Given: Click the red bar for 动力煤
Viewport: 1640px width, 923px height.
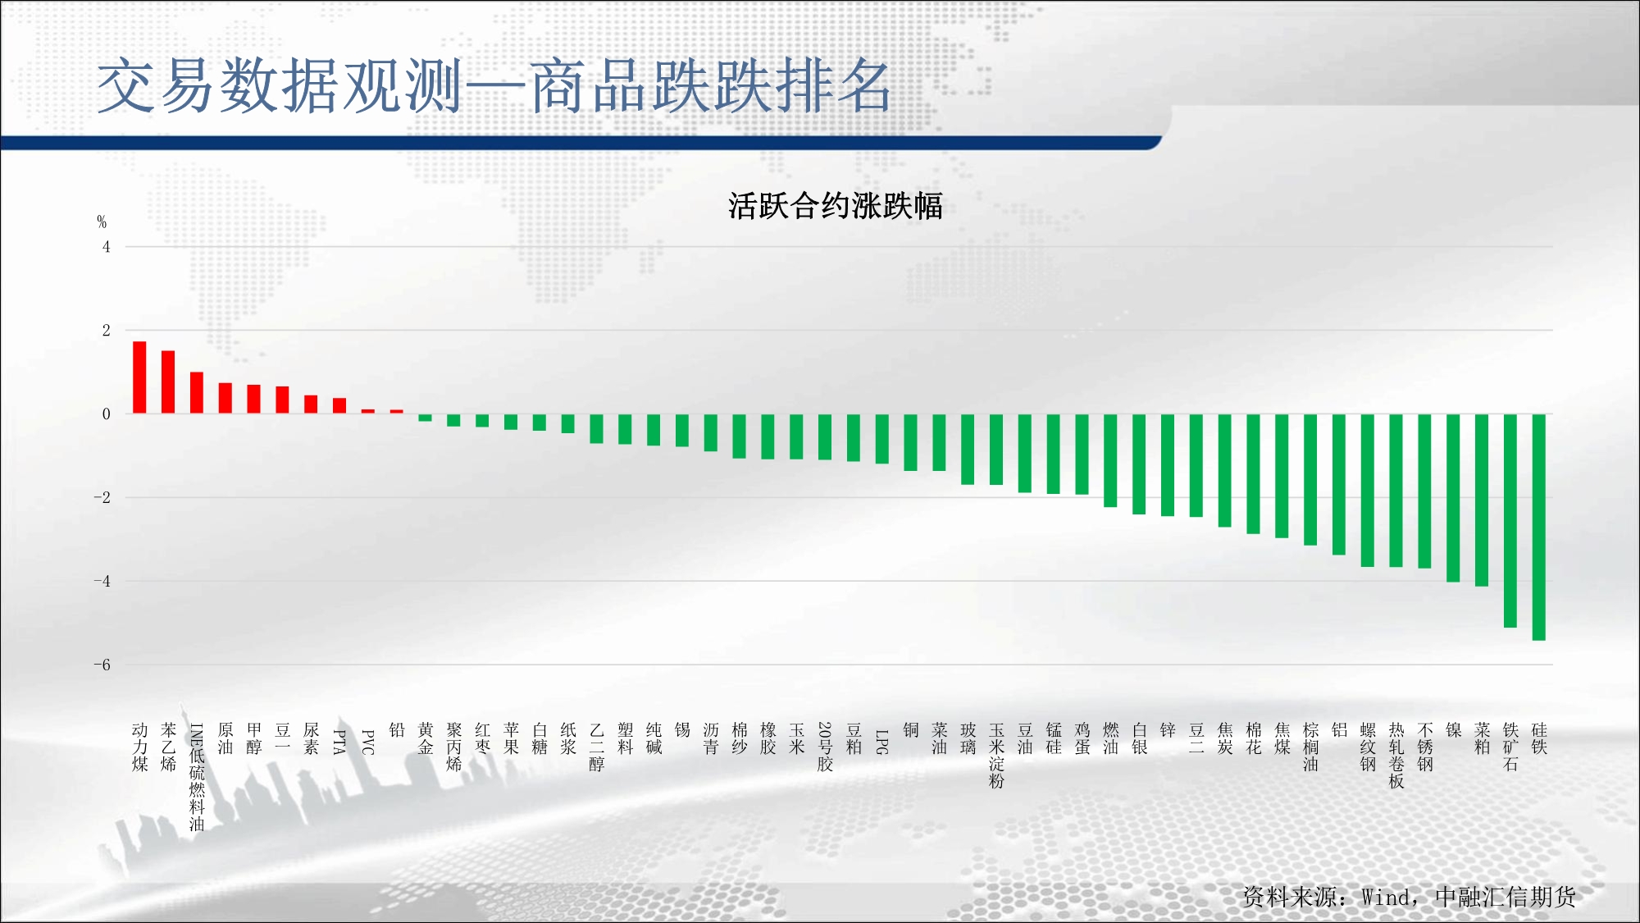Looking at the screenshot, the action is click(x=139, y=377).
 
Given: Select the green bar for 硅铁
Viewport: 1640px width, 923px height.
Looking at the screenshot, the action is click(x=1538, y=527).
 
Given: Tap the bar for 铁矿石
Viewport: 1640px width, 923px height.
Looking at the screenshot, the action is click(x=1510, y=520).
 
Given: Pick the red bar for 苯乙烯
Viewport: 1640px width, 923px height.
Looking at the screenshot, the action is click(x=168, y=382).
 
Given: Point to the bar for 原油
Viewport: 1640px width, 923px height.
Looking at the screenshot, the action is click(x=225, y=398).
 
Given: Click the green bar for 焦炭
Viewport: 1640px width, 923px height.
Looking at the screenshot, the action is click(x=1225, y=470).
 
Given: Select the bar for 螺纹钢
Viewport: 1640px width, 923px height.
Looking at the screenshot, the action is click(x=1368, y=491).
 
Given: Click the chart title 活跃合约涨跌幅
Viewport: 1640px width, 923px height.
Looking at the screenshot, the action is click(x=836, y=206).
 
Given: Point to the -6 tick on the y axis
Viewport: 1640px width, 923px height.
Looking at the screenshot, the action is click(x=102, y=665).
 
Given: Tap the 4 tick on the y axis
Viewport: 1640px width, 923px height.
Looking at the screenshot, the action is click(x=106, y=247).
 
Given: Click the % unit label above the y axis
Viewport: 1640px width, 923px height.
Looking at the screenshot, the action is click(x=102, y=222).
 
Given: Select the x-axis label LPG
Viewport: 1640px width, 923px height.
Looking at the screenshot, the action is click(x=882, y=742).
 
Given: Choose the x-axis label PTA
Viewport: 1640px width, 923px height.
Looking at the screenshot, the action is click(x=339, y=742).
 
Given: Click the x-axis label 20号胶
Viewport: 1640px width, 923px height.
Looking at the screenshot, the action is click(x=825, y=747).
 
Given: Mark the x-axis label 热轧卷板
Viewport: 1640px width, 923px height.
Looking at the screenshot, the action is click(x=1396, y=756).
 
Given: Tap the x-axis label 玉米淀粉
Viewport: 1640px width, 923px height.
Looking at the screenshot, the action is click(x=996, y=756).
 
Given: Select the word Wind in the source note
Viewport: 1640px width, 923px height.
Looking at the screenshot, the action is click(x=1387, y=897).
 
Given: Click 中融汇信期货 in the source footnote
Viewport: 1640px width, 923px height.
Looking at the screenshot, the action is click(x=1506, y=897).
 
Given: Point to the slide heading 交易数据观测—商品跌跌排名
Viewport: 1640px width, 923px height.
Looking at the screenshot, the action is click(x=494, y=86).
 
